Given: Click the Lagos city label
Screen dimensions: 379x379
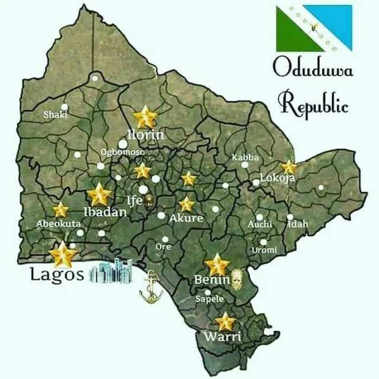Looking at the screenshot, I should coord(57,274).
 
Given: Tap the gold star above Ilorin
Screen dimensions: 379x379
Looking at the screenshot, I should coord(145,117).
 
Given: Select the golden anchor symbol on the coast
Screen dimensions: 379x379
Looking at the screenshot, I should coord(151,287).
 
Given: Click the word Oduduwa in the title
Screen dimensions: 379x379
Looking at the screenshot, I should coord(313,69).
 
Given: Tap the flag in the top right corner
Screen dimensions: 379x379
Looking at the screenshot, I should coord(314,28).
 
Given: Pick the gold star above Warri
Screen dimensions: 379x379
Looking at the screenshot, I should coord(225,322).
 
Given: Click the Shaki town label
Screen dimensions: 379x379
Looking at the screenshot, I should coord(55,115).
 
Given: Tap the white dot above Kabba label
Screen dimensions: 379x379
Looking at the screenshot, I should coord(245,165).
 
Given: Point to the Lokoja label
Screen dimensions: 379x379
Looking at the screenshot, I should coord(277,178).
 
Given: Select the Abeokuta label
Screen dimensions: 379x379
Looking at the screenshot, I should coord(59,224).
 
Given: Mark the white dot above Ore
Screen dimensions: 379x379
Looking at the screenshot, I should coord(165,239).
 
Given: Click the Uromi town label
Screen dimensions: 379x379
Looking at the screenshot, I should coord(264,250).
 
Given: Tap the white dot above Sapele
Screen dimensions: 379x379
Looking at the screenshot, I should coord(208,292).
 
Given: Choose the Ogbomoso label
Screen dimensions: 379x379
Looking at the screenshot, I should coord(122,152).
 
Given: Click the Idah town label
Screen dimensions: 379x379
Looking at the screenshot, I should coord(298,224).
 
